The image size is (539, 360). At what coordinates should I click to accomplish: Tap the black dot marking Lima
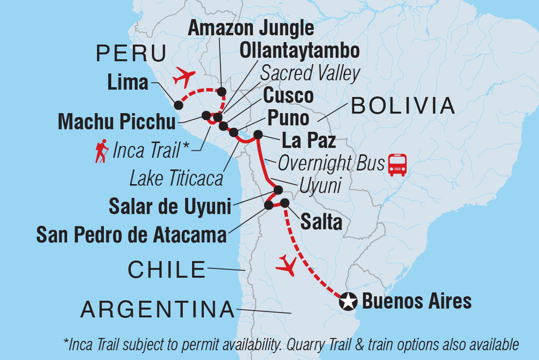[x=179, y=105]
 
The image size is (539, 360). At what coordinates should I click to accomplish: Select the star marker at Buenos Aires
[x=348, y=302]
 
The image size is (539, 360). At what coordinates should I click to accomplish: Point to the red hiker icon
[x=102, y=151]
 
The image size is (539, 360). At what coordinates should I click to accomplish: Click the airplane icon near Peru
[x=184, y=77]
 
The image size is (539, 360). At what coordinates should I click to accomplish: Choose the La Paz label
[x=308, y=141]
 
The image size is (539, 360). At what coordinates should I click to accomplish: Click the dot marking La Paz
[x=258, y=135]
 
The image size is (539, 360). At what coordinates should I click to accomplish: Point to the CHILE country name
[x=167, y=269]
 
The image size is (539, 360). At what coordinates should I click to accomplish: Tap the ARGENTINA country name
[x=158, y=310]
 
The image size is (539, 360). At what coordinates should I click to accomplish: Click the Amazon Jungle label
[x=251, y=28]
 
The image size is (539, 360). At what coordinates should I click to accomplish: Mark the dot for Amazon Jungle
[x=221, y=92]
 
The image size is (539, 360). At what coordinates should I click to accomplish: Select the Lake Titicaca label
[x=176, y=179]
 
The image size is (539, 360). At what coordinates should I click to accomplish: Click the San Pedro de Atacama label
[x=132, y=235]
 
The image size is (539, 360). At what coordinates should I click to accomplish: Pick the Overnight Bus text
[x=331, y=164]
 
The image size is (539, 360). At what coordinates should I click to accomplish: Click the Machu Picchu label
[x=117, y=122]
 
